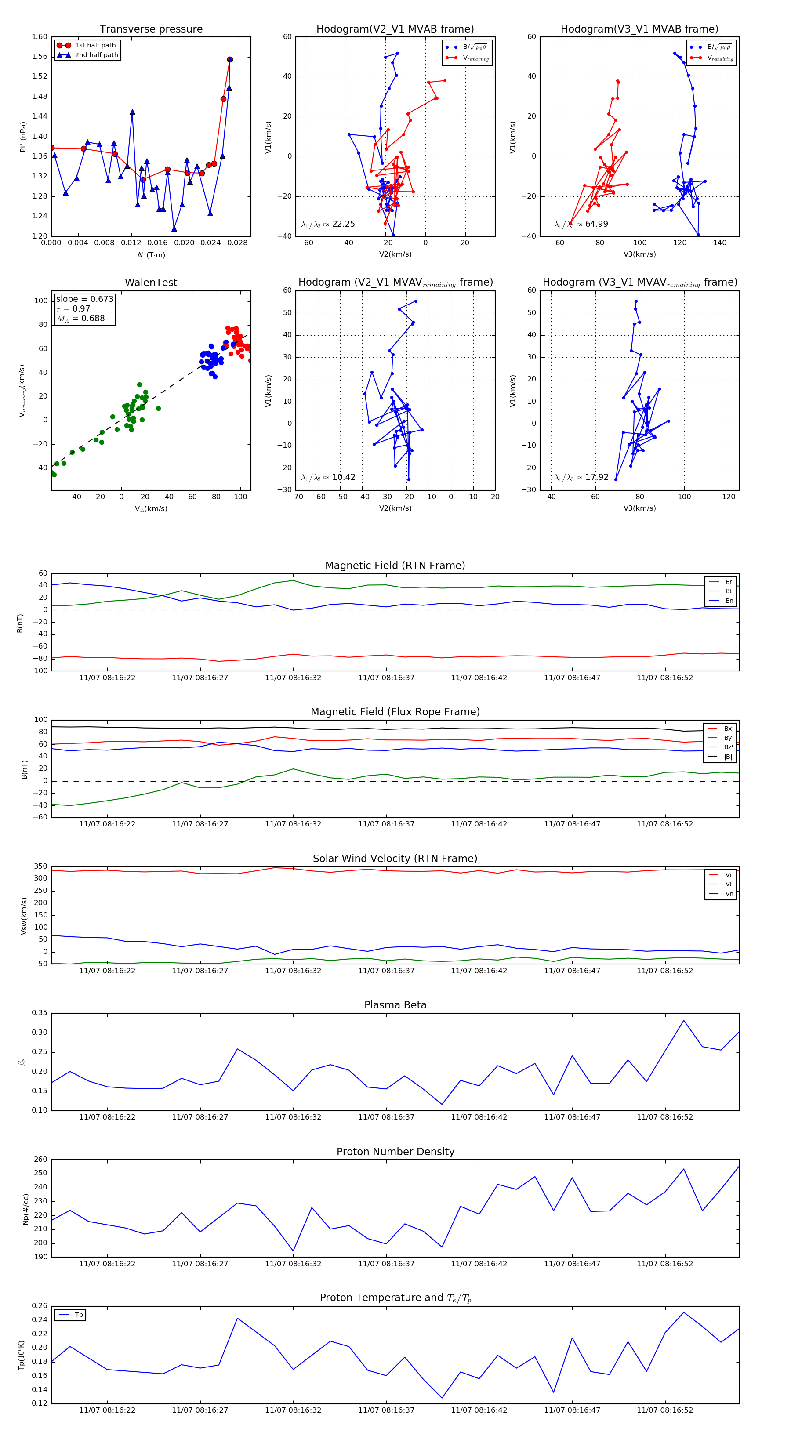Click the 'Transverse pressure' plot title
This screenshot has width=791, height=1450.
click(x=151, y=29)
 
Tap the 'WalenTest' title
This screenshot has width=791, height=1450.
click(x=151, y=283)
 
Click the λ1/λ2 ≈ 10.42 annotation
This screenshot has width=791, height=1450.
click(x=328, y=477)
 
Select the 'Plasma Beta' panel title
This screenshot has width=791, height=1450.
click(x=395, y=1005)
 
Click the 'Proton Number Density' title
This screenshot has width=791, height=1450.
click(x=395, y=1152)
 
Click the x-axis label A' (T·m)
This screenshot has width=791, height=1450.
click(x=151, y=255)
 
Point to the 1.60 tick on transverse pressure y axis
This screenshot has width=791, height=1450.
click(x=40, y=37)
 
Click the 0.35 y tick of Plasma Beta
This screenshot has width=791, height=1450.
click(x=40, y=1013)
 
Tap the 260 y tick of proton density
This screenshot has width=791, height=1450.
click(x=40, y=1160)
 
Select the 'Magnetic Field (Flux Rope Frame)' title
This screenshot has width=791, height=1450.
click(x=395, y=712)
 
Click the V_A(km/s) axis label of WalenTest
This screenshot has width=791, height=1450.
click(x=151, y=509)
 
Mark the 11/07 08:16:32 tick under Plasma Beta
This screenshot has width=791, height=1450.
click(x=293, y=1117)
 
